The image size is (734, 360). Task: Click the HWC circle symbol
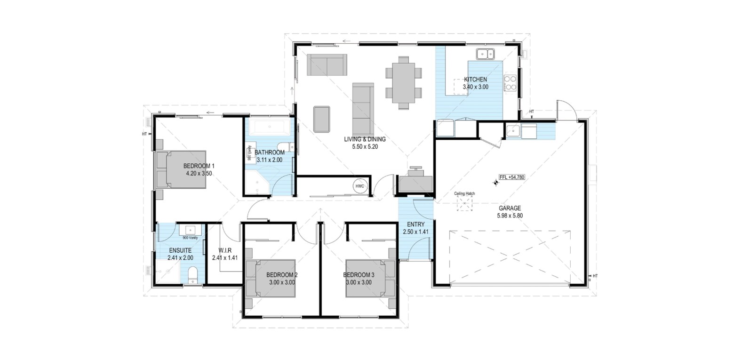coord(359,186)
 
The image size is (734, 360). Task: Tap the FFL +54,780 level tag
coord(511,177)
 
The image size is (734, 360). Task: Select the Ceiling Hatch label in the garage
coord(464,193)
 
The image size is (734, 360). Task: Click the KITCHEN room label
coord(476,80)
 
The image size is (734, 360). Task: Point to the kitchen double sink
coord(485,54)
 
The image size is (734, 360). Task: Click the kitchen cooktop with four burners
coord(510,83)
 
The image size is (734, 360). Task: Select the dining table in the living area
coord(403,83)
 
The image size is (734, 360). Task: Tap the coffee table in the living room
coord(321,119)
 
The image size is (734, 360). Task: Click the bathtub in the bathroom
coord(269,127)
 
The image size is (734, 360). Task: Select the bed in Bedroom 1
coord(181,169)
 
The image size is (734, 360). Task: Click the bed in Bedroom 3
coord(371,279)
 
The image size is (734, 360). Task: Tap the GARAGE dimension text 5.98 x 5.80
coord(510,216)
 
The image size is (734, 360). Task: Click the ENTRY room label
coord(416,224)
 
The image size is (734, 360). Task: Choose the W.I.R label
coord(224,250)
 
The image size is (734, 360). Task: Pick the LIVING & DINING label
coord(365,139)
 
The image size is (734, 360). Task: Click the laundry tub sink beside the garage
coord(513,130)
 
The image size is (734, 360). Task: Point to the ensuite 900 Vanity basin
coord(190,229)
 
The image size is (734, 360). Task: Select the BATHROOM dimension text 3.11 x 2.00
coord(269,160)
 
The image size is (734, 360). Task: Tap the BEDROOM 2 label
coord(282,275)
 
